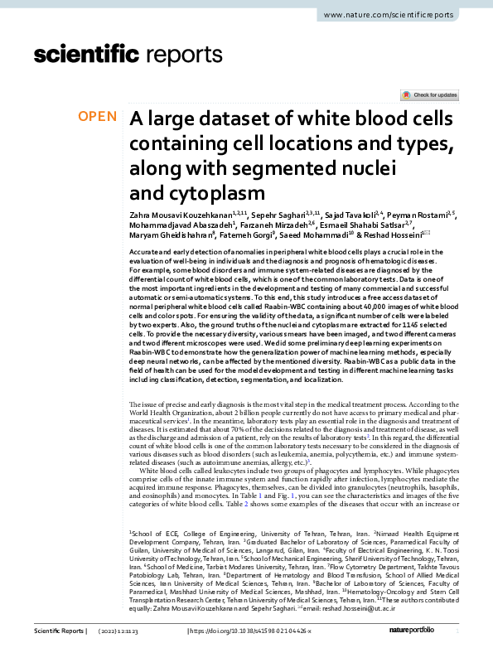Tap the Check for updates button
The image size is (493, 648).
point(428,96)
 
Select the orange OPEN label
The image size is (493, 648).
point(98,117)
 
